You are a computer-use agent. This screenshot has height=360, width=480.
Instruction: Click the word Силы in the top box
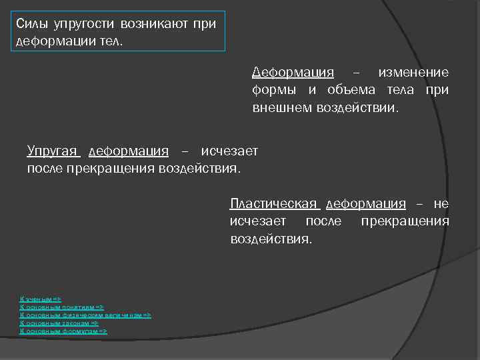point(30,25)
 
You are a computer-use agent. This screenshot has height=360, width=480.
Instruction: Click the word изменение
point(413,73)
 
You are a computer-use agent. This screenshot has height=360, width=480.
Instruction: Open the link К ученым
point(41,299)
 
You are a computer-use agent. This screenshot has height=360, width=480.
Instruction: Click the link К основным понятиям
point(62,307)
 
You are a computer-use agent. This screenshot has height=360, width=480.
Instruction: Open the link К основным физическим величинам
point(86,315)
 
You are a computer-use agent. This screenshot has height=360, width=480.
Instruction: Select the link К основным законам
point(59,323)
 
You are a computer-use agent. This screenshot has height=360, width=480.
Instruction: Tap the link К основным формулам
point(64,331)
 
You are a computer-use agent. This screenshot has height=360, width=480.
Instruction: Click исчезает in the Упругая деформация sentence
point(229,151)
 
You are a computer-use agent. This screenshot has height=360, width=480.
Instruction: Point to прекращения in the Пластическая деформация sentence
point(405,221)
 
